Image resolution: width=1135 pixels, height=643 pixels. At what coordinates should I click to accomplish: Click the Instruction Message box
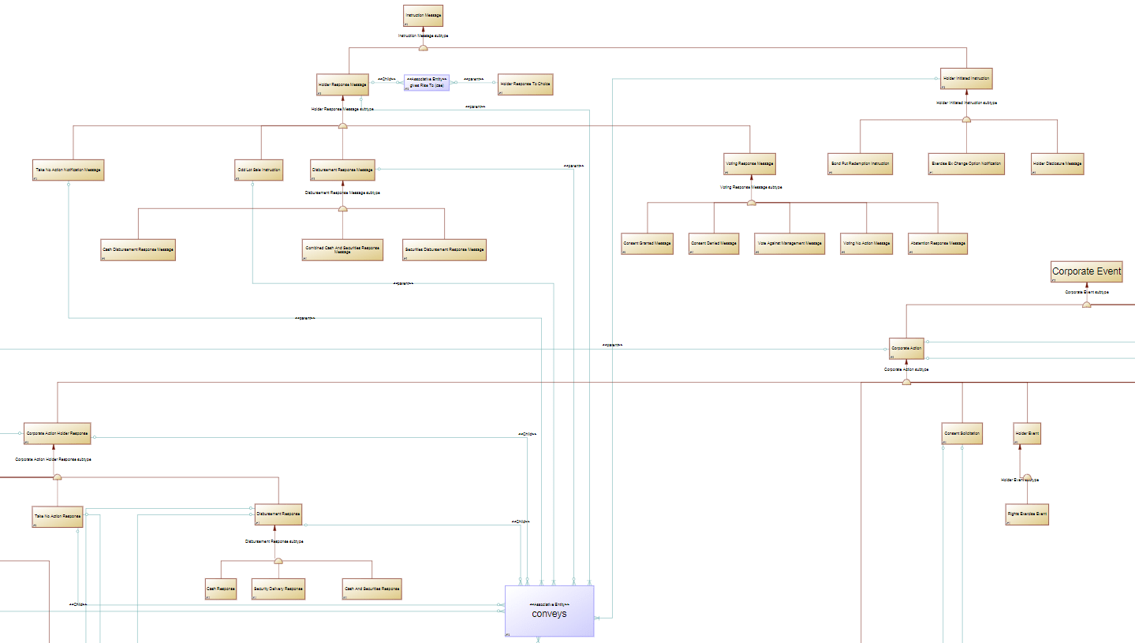423,17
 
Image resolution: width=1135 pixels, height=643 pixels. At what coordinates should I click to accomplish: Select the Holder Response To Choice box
525,83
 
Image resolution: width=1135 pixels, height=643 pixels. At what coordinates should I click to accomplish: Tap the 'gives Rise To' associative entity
427,83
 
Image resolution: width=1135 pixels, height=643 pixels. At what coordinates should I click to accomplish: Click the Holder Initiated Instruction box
966,79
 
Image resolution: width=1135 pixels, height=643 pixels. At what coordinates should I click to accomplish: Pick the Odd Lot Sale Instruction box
259,170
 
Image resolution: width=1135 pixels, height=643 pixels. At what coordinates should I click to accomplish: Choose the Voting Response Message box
749,164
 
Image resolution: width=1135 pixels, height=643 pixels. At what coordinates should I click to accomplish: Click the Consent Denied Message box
714,243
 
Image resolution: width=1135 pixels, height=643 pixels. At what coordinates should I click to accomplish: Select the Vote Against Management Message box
790,243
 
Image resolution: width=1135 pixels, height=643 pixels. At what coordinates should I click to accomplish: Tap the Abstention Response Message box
937,243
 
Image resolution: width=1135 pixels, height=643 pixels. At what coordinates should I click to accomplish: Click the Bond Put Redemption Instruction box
860,163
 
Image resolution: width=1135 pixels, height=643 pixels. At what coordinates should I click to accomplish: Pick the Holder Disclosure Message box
1057,163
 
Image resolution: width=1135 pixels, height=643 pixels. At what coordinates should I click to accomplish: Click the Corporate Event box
1086,271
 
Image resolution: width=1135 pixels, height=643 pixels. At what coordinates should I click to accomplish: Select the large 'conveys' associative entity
549,611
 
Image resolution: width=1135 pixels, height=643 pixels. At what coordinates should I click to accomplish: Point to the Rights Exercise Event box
1027,514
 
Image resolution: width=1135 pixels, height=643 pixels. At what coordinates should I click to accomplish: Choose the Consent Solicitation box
962,433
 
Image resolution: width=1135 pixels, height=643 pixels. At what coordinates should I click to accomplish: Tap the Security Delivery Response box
278,589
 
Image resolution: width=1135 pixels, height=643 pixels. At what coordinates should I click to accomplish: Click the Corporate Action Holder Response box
57,433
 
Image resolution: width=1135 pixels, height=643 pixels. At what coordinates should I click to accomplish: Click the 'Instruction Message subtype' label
423,36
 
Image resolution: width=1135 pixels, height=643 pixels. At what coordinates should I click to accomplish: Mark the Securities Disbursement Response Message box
444,249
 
